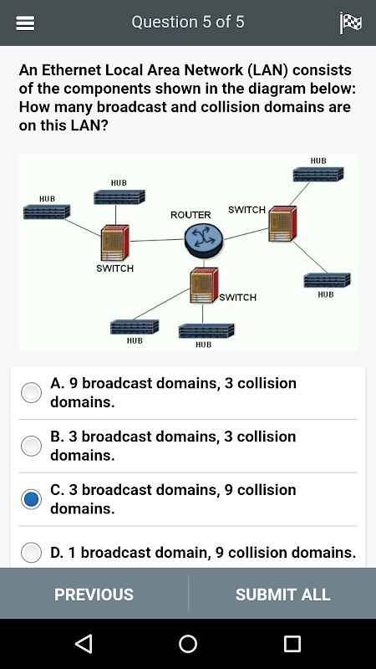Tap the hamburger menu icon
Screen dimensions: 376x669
[x=25, y=23]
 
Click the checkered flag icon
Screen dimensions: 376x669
[x=351, y=23]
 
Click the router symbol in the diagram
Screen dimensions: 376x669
[x=203, y=240]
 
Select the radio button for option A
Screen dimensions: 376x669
[x=32, y=392]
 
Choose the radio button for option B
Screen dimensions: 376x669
[x=32, y=446]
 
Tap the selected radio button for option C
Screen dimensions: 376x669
[x=32, y=498]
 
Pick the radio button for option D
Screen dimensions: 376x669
[x=32, y=552]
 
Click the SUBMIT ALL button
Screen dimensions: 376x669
[x=282, y=594]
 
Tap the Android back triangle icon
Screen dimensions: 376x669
[x=84, y=643]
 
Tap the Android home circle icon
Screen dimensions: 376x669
[x=188, y=643]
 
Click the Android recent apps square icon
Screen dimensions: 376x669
[x=292, y=643]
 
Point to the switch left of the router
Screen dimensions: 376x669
[x=114, y=243]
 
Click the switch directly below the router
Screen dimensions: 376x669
[x=204, y=285]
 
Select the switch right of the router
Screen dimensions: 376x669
[x=282, y=223]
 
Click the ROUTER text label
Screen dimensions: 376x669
[x=191, y=215]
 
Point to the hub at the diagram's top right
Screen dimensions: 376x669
[x=318, y=174]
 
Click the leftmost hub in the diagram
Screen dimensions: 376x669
[x=47, y=212]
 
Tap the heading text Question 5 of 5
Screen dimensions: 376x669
[x=188, y=23]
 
